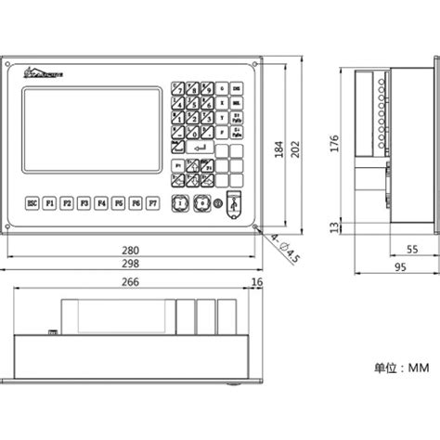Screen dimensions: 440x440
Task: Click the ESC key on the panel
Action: coord(32,201)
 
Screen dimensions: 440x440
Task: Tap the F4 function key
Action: coord(101,201)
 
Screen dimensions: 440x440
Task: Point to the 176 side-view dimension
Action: coord(334,143)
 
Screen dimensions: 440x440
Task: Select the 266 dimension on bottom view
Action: coord(131,282)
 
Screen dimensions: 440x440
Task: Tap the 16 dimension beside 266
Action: coord(257,282)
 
